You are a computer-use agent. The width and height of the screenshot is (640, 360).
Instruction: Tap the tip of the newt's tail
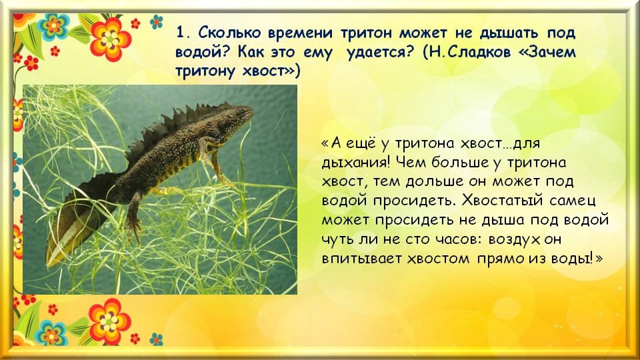click(x=49, y=263)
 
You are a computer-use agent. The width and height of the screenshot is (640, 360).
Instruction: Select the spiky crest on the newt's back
click(x=175, y=123)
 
